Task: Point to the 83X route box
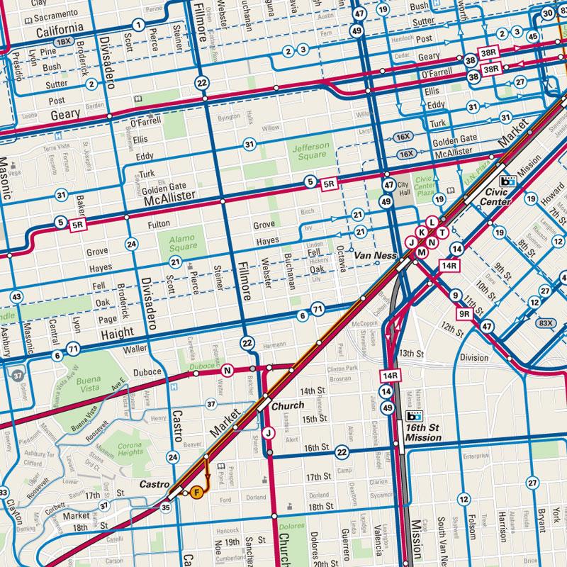(x=545, y=323)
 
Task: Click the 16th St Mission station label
(x=424, y=434)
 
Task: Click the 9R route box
(x=464, y=312)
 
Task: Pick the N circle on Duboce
(x=227, y=369)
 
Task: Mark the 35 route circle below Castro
(x=166, y=507)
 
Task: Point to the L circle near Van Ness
(x=432, y=222)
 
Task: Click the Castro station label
(x=154, y=484)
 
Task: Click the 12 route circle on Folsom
(x=464, y=500)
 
